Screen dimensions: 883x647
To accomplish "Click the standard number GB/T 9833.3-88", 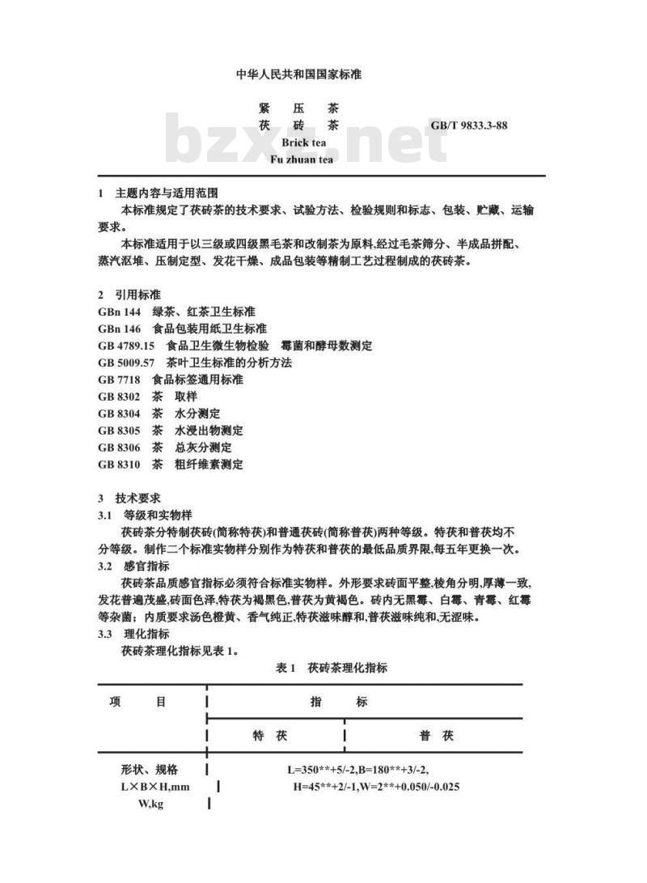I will (469, 125).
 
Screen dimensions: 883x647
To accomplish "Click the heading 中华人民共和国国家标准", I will (298, 74).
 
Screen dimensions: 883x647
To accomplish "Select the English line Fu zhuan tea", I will (302, 159).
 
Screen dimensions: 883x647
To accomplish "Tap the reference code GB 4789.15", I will (125, 346).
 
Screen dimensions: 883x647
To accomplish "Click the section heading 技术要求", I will (137, 499).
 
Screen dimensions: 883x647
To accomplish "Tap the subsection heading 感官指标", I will (146, 566).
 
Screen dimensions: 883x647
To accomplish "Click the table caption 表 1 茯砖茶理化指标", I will (332, 668).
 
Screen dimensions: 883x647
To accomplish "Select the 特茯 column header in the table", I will (271, 736).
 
